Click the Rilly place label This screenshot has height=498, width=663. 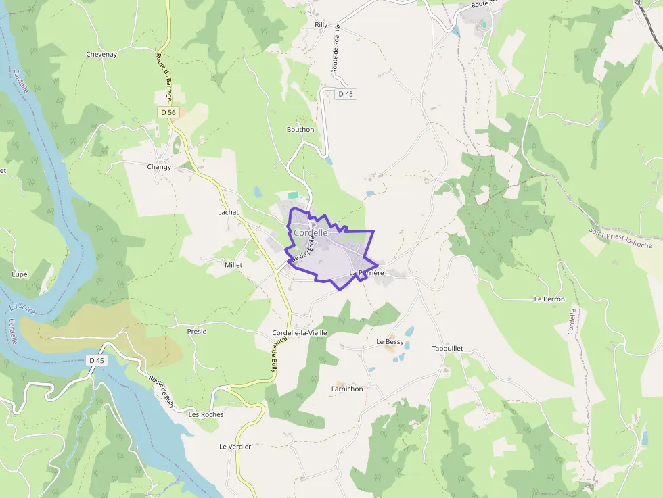point(321,25)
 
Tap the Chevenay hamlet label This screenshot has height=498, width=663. point(101,54)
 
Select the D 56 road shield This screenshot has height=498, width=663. point(168,111)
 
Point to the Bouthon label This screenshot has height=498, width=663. point(300,130)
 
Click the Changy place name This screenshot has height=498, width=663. point(159,166)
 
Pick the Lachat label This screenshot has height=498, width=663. point(229,212)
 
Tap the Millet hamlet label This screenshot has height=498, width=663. point(233,266)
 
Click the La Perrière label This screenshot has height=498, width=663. point(367,273)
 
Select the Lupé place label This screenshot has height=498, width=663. point(20,274)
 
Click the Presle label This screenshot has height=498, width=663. point(196,332)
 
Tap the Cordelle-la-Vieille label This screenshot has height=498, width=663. point(300,333)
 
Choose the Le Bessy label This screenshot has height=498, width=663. point(390,342)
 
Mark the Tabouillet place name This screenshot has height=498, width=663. point(447,348)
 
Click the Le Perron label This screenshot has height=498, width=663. point(549,299)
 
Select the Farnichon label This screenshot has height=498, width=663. point(347,389)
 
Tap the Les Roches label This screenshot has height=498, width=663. point(206,414)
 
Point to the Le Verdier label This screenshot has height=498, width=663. point(235,447)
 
